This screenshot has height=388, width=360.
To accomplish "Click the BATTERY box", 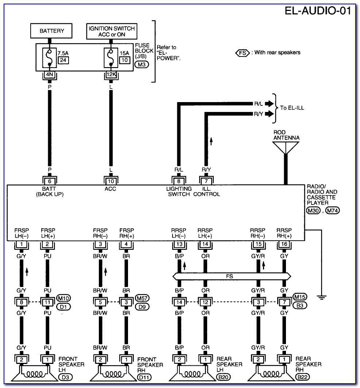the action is [x=51, y=31].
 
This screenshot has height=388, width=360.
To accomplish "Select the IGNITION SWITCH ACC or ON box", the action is [x=112, y=31].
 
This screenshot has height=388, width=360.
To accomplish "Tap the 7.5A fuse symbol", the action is [x=50, y=58].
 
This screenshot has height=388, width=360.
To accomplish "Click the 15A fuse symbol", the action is [x=111, y=58].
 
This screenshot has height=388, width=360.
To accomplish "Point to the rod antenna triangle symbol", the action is [x=286, y=147].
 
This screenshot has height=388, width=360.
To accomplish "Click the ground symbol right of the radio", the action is [x=321, y=298].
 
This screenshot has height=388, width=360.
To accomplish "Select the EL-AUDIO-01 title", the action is [x=318, y=11].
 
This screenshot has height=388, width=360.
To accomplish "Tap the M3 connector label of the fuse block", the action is [x=142, y=65].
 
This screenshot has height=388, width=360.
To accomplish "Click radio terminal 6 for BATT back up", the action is [x=50, y=181].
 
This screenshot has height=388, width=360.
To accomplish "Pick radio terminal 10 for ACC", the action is [x=111, y=181].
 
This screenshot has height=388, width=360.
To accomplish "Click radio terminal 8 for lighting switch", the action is [x=179, y=181].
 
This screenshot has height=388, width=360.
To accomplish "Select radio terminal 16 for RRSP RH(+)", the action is [x=284, y=244].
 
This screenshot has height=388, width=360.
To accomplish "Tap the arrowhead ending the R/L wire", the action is [x=270, y=104].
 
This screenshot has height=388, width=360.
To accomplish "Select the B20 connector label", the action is [x=224, y=377].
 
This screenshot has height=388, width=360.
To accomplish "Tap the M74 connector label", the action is [x=333, y=210].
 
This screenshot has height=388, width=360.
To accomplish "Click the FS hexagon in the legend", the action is [x=243, y=53].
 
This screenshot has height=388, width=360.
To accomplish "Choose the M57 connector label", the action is [x=142, y=298].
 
